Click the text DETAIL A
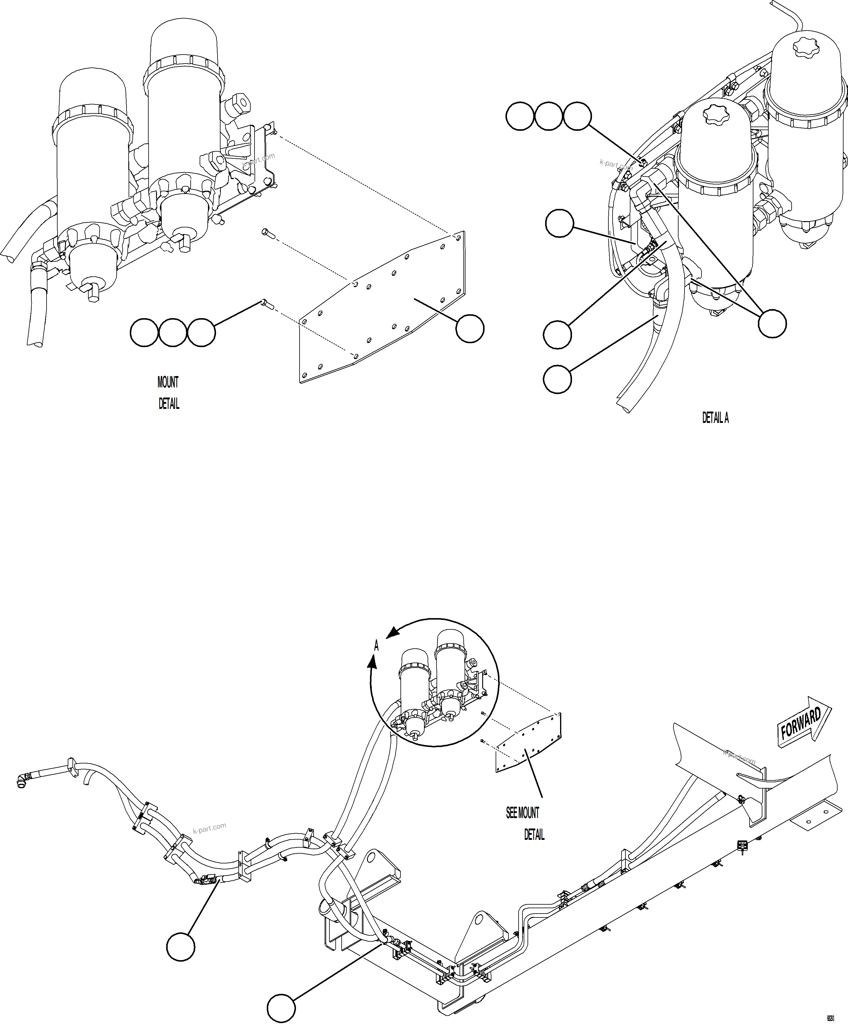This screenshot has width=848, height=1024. tap(715, 418)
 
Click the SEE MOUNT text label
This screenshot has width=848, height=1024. tap(522, 813)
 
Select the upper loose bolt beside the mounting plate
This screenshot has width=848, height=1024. tap(269, 234)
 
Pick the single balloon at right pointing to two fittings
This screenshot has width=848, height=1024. tap(772, 323)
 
